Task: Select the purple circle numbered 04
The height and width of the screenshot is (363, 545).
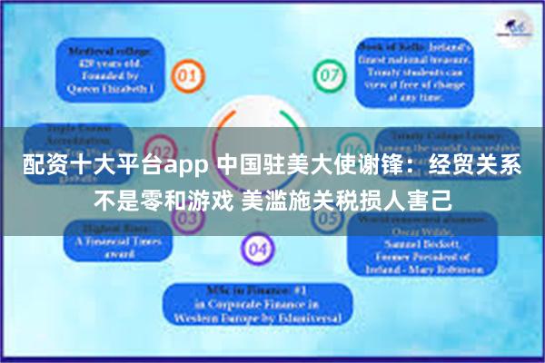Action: [258, 246]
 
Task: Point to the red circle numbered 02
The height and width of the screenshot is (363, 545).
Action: [161, 149]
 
